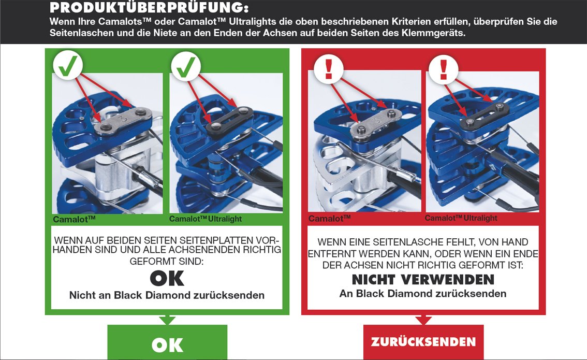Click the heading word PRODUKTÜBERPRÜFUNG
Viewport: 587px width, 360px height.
pyautogui.click(x=149, y=7)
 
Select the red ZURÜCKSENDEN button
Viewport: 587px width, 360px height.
pyautogui.click(x=423, y=342)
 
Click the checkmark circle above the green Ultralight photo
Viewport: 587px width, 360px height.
pyautogui.click(x=186, y=66)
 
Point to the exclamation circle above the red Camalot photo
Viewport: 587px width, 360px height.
pyautogui.click(x=329, y=68)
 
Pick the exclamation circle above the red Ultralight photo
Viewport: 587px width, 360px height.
pyautogui.click(x=444, y=68)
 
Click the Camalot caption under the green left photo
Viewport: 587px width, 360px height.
pyautogui.click(x=74, y=219)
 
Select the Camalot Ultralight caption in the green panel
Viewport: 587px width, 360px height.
pyautogui.click(x=206, y=219)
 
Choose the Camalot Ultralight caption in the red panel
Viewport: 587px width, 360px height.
pyautogui.click(x=461, y=218)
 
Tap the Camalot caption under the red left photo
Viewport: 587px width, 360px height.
pyautogui.click(x=329, y=219)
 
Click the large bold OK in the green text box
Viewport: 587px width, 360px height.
pyautogui.click(x=167, y=278)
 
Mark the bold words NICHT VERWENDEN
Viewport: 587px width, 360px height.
pyautogui.click(x=423, y=280)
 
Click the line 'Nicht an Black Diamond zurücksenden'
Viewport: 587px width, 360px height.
pyautogui.click(x=167, y=295)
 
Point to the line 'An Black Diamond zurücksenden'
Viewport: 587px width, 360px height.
pyautogui.click(x=423, y=294)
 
